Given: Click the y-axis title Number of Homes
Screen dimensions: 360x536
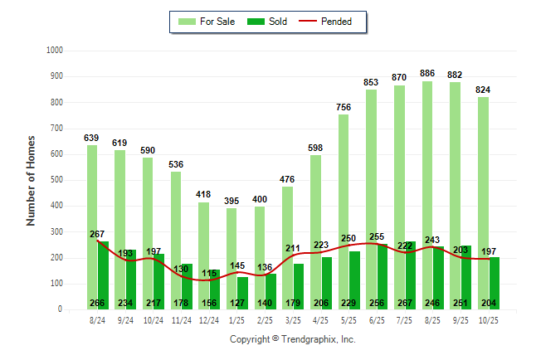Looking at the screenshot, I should (x=31, y=180).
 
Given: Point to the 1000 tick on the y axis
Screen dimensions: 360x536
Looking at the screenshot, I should (x=56, y=51).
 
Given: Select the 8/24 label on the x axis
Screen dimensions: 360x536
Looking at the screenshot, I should (x=97, y=319).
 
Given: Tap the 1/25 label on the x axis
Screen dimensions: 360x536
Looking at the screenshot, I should (x=237, y=319).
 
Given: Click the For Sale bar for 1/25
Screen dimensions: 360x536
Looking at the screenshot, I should (x=231, y=258).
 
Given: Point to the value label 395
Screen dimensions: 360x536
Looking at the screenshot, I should (x=231, y=202).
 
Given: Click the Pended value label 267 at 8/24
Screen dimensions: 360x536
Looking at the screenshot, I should (x=97, y=234).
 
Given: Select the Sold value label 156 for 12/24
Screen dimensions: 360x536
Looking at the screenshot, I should (x=209, y=303).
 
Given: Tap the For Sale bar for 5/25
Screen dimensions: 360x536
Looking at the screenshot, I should (x=344, y=212).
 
